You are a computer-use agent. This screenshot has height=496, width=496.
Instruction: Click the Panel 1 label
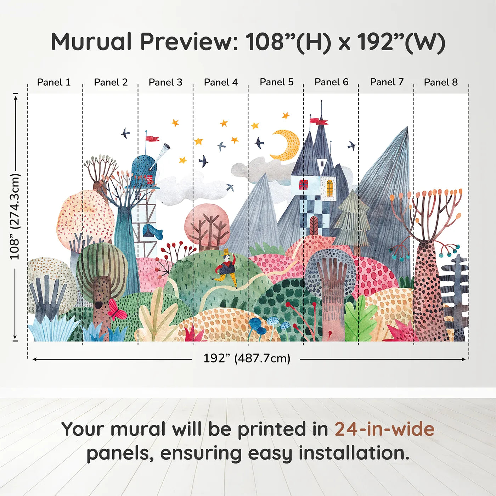coord(54,82)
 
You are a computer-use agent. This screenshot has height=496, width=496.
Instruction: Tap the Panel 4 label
coord(221,82)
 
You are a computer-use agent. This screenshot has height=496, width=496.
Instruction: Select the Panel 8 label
coord(441,82)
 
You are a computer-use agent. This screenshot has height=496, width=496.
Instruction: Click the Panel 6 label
coord(331,82)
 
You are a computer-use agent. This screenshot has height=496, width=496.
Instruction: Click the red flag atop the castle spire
coord(319,122)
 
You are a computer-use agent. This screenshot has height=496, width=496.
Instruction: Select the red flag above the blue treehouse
coord(152,138)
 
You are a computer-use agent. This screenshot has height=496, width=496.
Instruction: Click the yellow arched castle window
coord(329,188)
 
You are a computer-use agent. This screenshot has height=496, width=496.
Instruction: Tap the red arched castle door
coord(314,225)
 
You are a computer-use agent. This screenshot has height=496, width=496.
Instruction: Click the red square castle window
coord(303,185)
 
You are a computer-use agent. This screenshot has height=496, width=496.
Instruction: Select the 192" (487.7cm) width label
coord(247,358)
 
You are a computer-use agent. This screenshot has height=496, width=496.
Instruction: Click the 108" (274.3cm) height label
coord(15,216)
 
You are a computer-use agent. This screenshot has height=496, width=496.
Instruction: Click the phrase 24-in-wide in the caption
coord(384,429)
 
